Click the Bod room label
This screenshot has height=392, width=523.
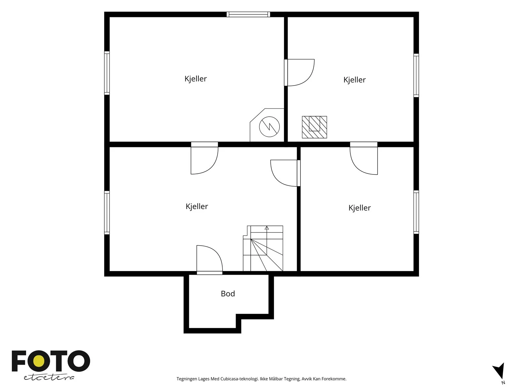228,294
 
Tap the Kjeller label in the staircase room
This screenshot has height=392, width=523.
196,206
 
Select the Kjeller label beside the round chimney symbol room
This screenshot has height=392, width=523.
195,79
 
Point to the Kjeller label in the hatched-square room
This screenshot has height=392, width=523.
354,80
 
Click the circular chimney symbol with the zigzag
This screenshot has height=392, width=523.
269,127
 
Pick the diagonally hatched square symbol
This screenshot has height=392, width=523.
314,127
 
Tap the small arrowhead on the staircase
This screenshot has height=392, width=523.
267,228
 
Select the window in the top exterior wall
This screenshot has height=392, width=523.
248,14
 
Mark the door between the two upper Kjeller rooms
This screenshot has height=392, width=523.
299,72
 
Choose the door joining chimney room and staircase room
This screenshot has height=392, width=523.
204,158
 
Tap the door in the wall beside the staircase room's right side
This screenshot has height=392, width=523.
285,173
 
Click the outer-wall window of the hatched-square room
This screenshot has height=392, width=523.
416,75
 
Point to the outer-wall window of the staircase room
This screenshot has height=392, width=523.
107,213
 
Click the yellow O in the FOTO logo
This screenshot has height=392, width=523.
39,361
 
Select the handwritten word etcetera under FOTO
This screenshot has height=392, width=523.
49,377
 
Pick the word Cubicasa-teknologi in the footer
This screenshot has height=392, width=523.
239,379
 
